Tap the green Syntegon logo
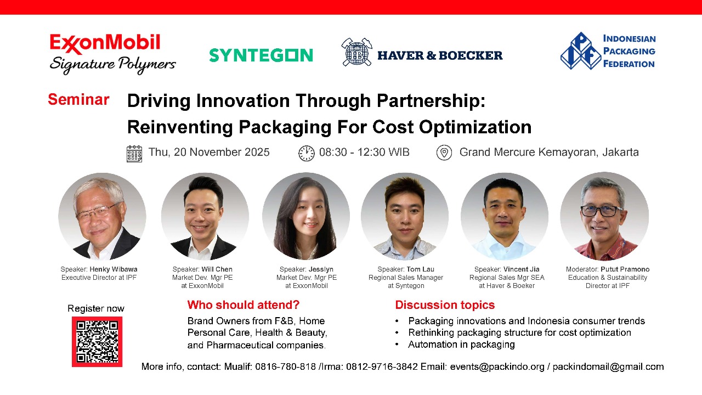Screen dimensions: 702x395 (x=261, y=55)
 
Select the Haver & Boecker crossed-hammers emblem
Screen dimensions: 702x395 (x=356, y=52)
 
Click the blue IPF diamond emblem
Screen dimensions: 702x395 (x=581, y=51)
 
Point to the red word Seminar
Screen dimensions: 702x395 (x=78, y=100)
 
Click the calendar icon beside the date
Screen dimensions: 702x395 (x=134, y=154)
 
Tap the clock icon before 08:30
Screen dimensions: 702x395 (x=306, y=153)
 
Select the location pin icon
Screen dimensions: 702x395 (x=444, y=153)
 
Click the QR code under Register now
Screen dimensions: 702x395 (x=97, y=342)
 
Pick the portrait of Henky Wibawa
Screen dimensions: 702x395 (x=102, y=216)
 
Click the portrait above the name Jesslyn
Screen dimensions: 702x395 (x=306, y=216)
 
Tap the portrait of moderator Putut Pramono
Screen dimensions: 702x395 (x=604, y=216)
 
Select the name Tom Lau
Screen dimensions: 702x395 (x=420, y=269)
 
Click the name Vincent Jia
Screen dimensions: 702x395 (x=521, y=269)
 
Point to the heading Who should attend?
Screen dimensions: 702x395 (x=243, y=304)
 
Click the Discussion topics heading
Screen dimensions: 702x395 (x=445, y=304)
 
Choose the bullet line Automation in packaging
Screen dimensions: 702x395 (x=461, y=345)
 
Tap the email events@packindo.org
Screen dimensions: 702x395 (x=497, y=366)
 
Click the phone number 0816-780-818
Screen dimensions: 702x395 (x=285, y=366)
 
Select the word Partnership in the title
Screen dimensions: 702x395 (x=431, y=101)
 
